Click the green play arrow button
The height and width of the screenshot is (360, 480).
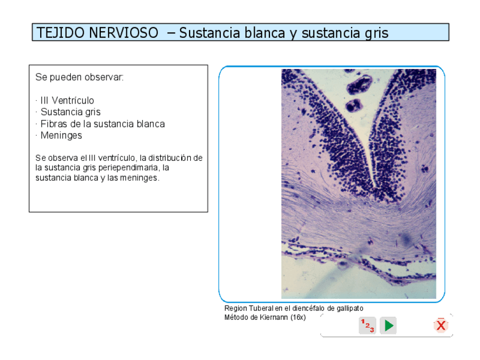(x=388, y=325)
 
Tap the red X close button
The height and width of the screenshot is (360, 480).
(x=441, y=325)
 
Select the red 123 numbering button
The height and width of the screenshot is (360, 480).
(x=367, y=325)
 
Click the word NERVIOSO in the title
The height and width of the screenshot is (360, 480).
(x=123, y=33)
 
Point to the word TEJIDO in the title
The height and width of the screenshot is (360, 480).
(x=61, y=33)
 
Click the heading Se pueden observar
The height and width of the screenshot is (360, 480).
(x=79, y=77)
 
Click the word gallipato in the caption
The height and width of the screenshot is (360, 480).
(x=350, y=308)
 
